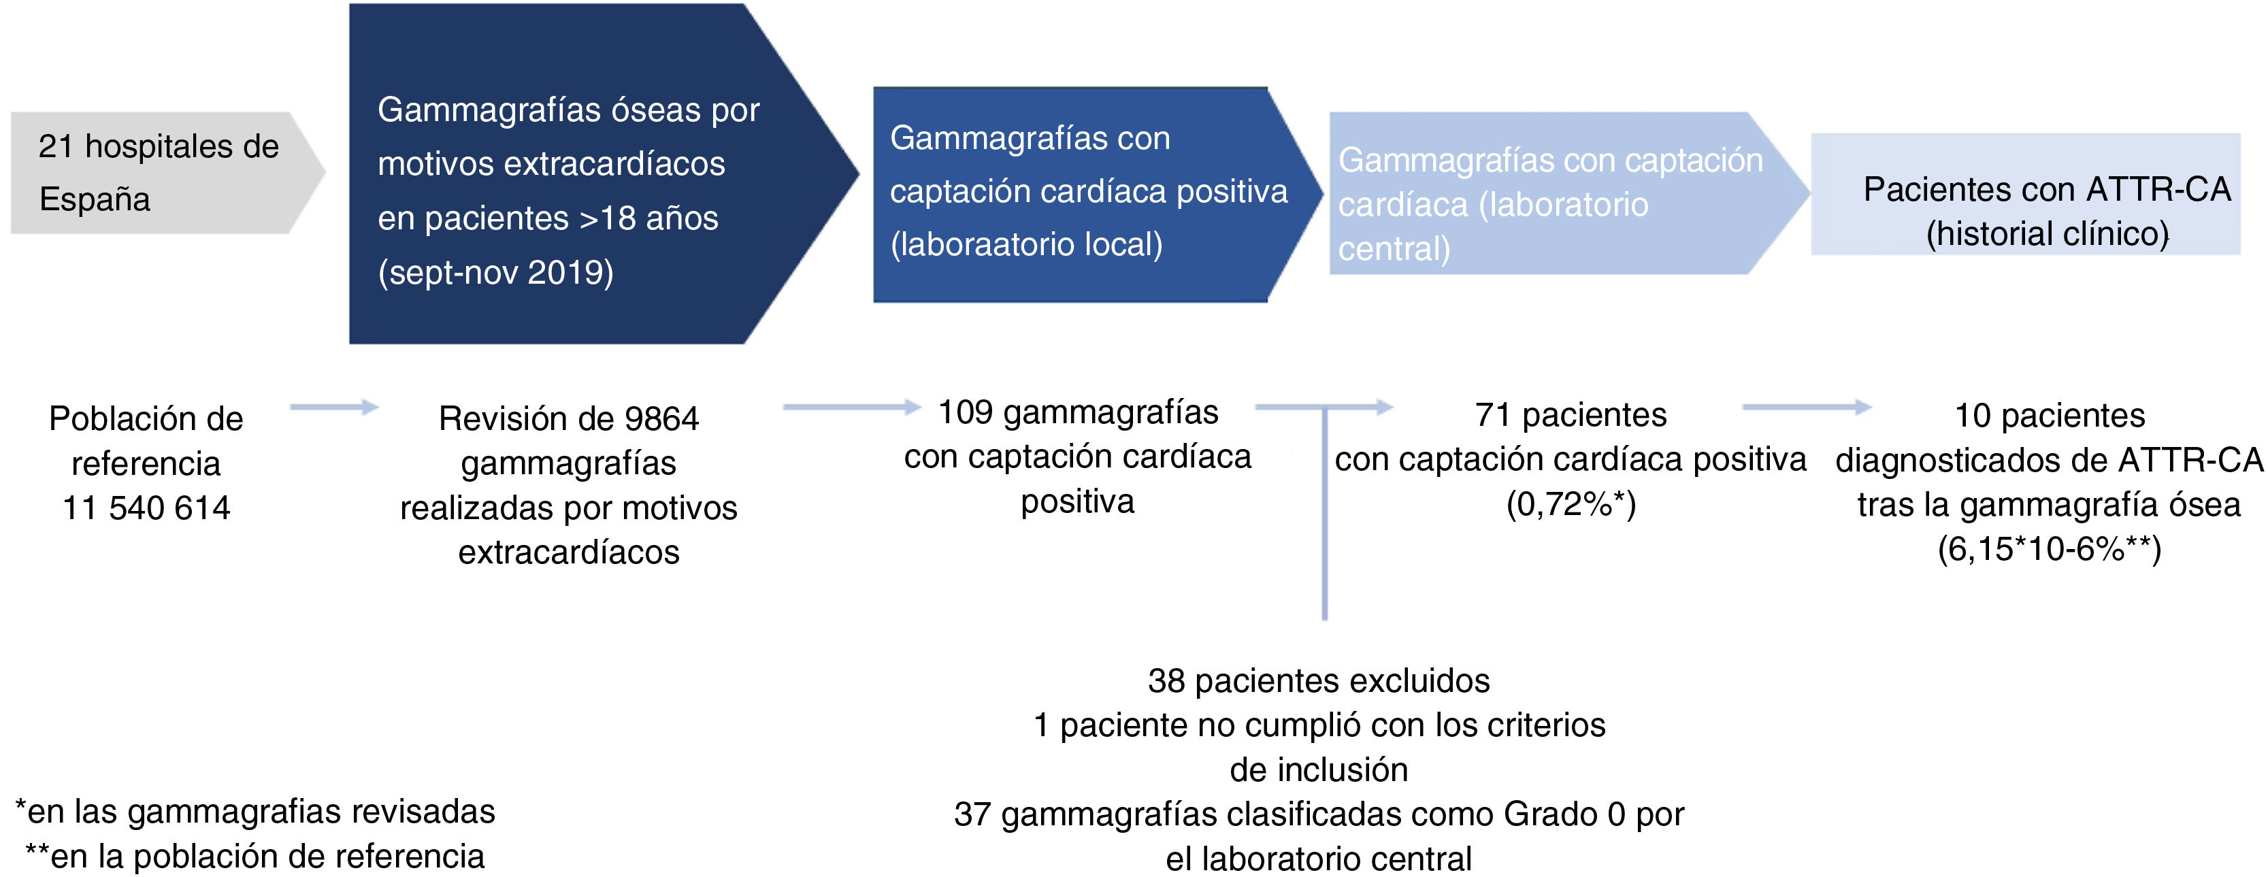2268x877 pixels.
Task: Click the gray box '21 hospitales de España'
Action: [159, 173]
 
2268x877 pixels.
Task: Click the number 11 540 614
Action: [146, 508]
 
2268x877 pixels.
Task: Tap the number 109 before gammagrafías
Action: [965, 412]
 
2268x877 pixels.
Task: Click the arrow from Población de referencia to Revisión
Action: [333, 407]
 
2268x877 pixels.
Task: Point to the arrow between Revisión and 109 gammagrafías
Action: [850, 407]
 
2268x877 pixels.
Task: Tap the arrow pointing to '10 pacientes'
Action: [1805, 407]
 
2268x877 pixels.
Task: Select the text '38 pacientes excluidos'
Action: [1318, 680]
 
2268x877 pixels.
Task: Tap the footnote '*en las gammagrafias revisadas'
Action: [255, 812]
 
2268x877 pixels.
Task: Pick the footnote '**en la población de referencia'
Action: [255, 857]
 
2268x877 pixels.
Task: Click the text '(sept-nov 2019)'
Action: [495, 273]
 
